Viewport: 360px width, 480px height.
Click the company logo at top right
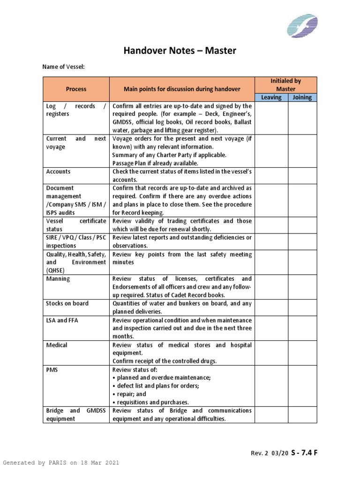pyautogui.click(x=302, y=26)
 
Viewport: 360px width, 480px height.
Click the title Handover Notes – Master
pyautogui.click(x=180, y=51)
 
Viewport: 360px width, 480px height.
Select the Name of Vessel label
pyautogui.click(x=63, y=67)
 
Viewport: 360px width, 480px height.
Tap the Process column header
pyautogui.click(x=76, y=89)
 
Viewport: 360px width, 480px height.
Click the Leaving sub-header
pyautogui.click(x=271, y=97)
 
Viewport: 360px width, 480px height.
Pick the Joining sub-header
pyautogui.click(x=302, y=97)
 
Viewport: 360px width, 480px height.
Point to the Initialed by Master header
pyautogui.click(x=286, y=85)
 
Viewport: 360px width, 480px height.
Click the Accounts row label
pyautogui.click(x=58, y=172)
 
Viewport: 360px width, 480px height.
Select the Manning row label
pyautogui.click(x=58, y=278)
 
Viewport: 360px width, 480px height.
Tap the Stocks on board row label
pyautogui.click(x=67, y=303)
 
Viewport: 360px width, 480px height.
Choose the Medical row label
pyautogui.click(x=57, y=345)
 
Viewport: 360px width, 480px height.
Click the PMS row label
pyautogui.click(x=52, y=369)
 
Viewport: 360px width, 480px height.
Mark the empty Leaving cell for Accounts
pyautogui.click(x=271, y=175)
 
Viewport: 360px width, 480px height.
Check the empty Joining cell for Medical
pyautogui.click(x=302, y=353)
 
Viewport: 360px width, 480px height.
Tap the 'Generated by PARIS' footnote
pyautogui.click(x=61, y=463)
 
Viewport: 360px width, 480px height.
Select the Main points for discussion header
pyautogui.click(x=182, y=89)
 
